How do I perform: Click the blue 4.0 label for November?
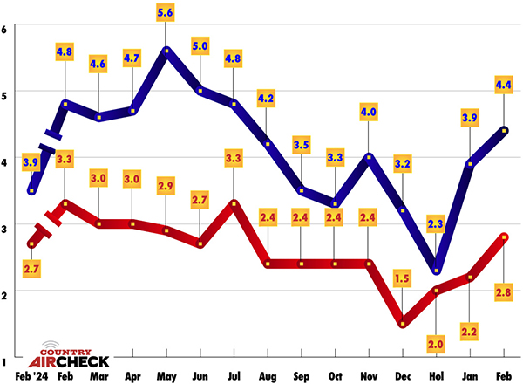click(x=368, y=112)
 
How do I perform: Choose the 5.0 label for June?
click(x=200, y=45)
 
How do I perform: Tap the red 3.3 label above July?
click(x=234, y=159)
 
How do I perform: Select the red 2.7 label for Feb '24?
click(x=31, y=270)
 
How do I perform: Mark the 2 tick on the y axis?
click(x=5, y=293)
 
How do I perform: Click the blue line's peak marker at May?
click(x=166, y=50)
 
